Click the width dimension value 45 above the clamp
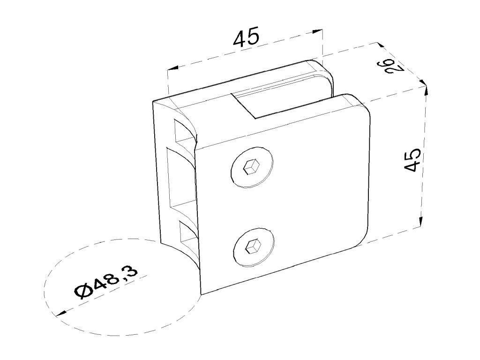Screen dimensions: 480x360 pyautogui.click(x=246, y=37)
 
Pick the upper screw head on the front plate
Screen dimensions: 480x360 pyautogui.click(x=252, y=167)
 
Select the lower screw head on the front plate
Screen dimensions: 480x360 pyautogui.click(x=253, y=247)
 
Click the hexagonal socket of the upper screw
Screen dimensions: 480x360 pyautogui.click(x=252, y=166)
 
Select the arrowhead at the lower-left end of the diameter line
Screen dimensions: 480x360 pyautogui.click(x=59, y=314)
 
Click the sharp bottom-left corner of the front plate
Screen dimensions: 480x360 pyautogui.click(x=202, y=293)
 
